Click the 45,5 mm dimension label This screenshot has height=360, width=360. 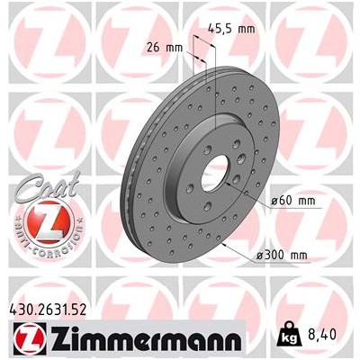point(231,29)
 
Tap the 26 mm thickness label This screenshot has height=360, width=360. point(165,48)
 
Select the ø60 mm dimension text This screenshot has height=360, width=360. point(293,201)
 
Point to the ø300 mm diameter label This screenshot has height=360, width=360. point(283,256)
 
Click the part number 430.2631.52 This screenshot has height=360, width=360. point(48,310)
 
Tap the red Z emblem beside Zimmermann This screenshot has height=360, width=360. point(30,337)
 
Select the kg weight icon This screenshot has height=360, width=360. point(289,334)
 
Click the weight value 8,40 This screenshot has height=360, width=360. point(321,335)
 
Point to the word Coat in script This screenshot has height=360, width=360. point(48,187)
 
